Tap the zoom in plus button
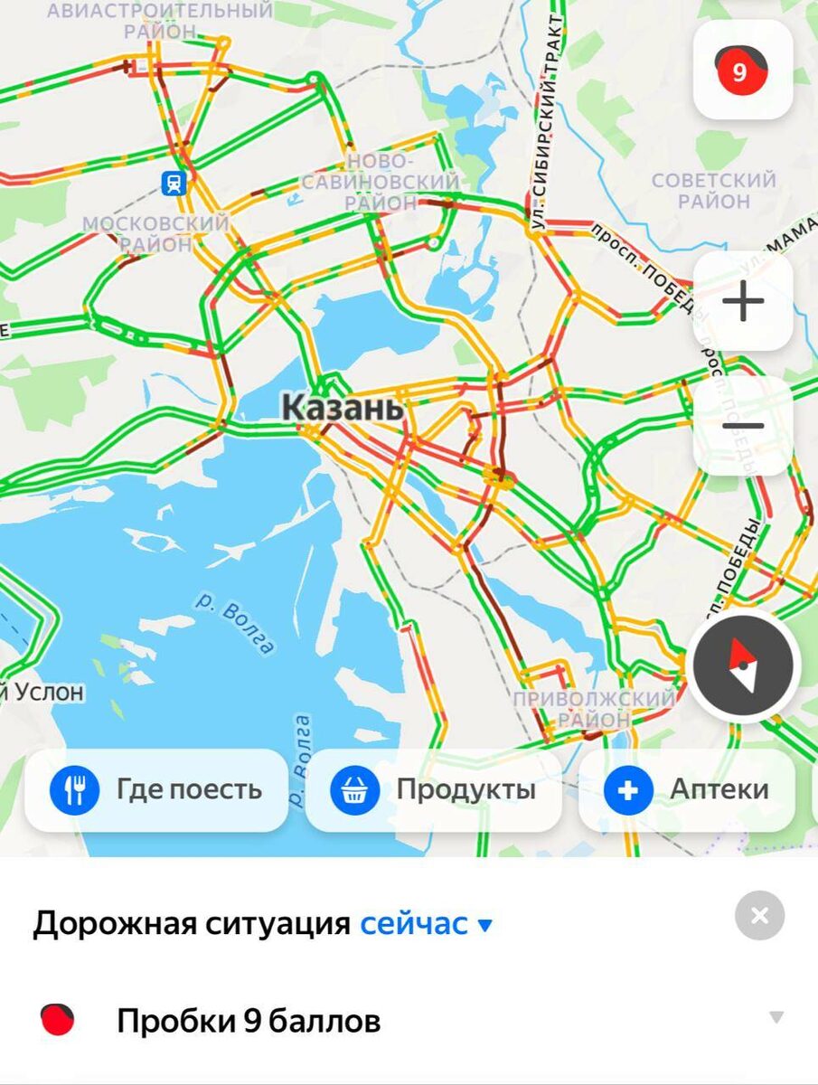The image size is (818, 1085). coord(743,301)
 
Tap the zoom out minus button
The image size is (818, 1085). coord(743,426)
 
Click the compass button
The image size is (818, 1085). coord(743,665)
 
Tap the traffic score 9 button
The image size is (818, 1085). coord(742,71)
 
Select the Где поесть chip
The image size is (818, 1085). coord(156,790)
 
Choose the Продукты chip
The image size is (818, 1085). coord(434,790)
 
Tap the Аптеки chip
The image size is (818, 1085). coord(687,790)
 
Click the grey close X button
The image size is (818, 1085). coord(759,916)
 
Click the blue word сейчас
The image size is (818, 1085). coord(414,924)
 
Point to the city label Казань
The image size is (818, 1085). coord(342,408)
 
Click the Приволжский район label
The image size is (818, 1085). coord(594,709)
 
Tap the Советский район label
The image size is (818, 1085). coord(714,190)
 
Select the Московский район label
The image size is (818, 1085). coord(155,232)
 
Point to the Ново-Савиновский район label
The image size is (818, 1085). coord(380,182)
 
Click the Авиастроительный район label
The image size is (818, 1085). coord(160,20)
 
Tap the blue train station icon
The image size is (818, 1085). coord(174,184)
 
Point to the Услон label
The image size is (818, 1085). coord(43,693)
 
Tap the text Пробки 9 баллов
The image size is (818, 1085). coord(249,1022)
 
